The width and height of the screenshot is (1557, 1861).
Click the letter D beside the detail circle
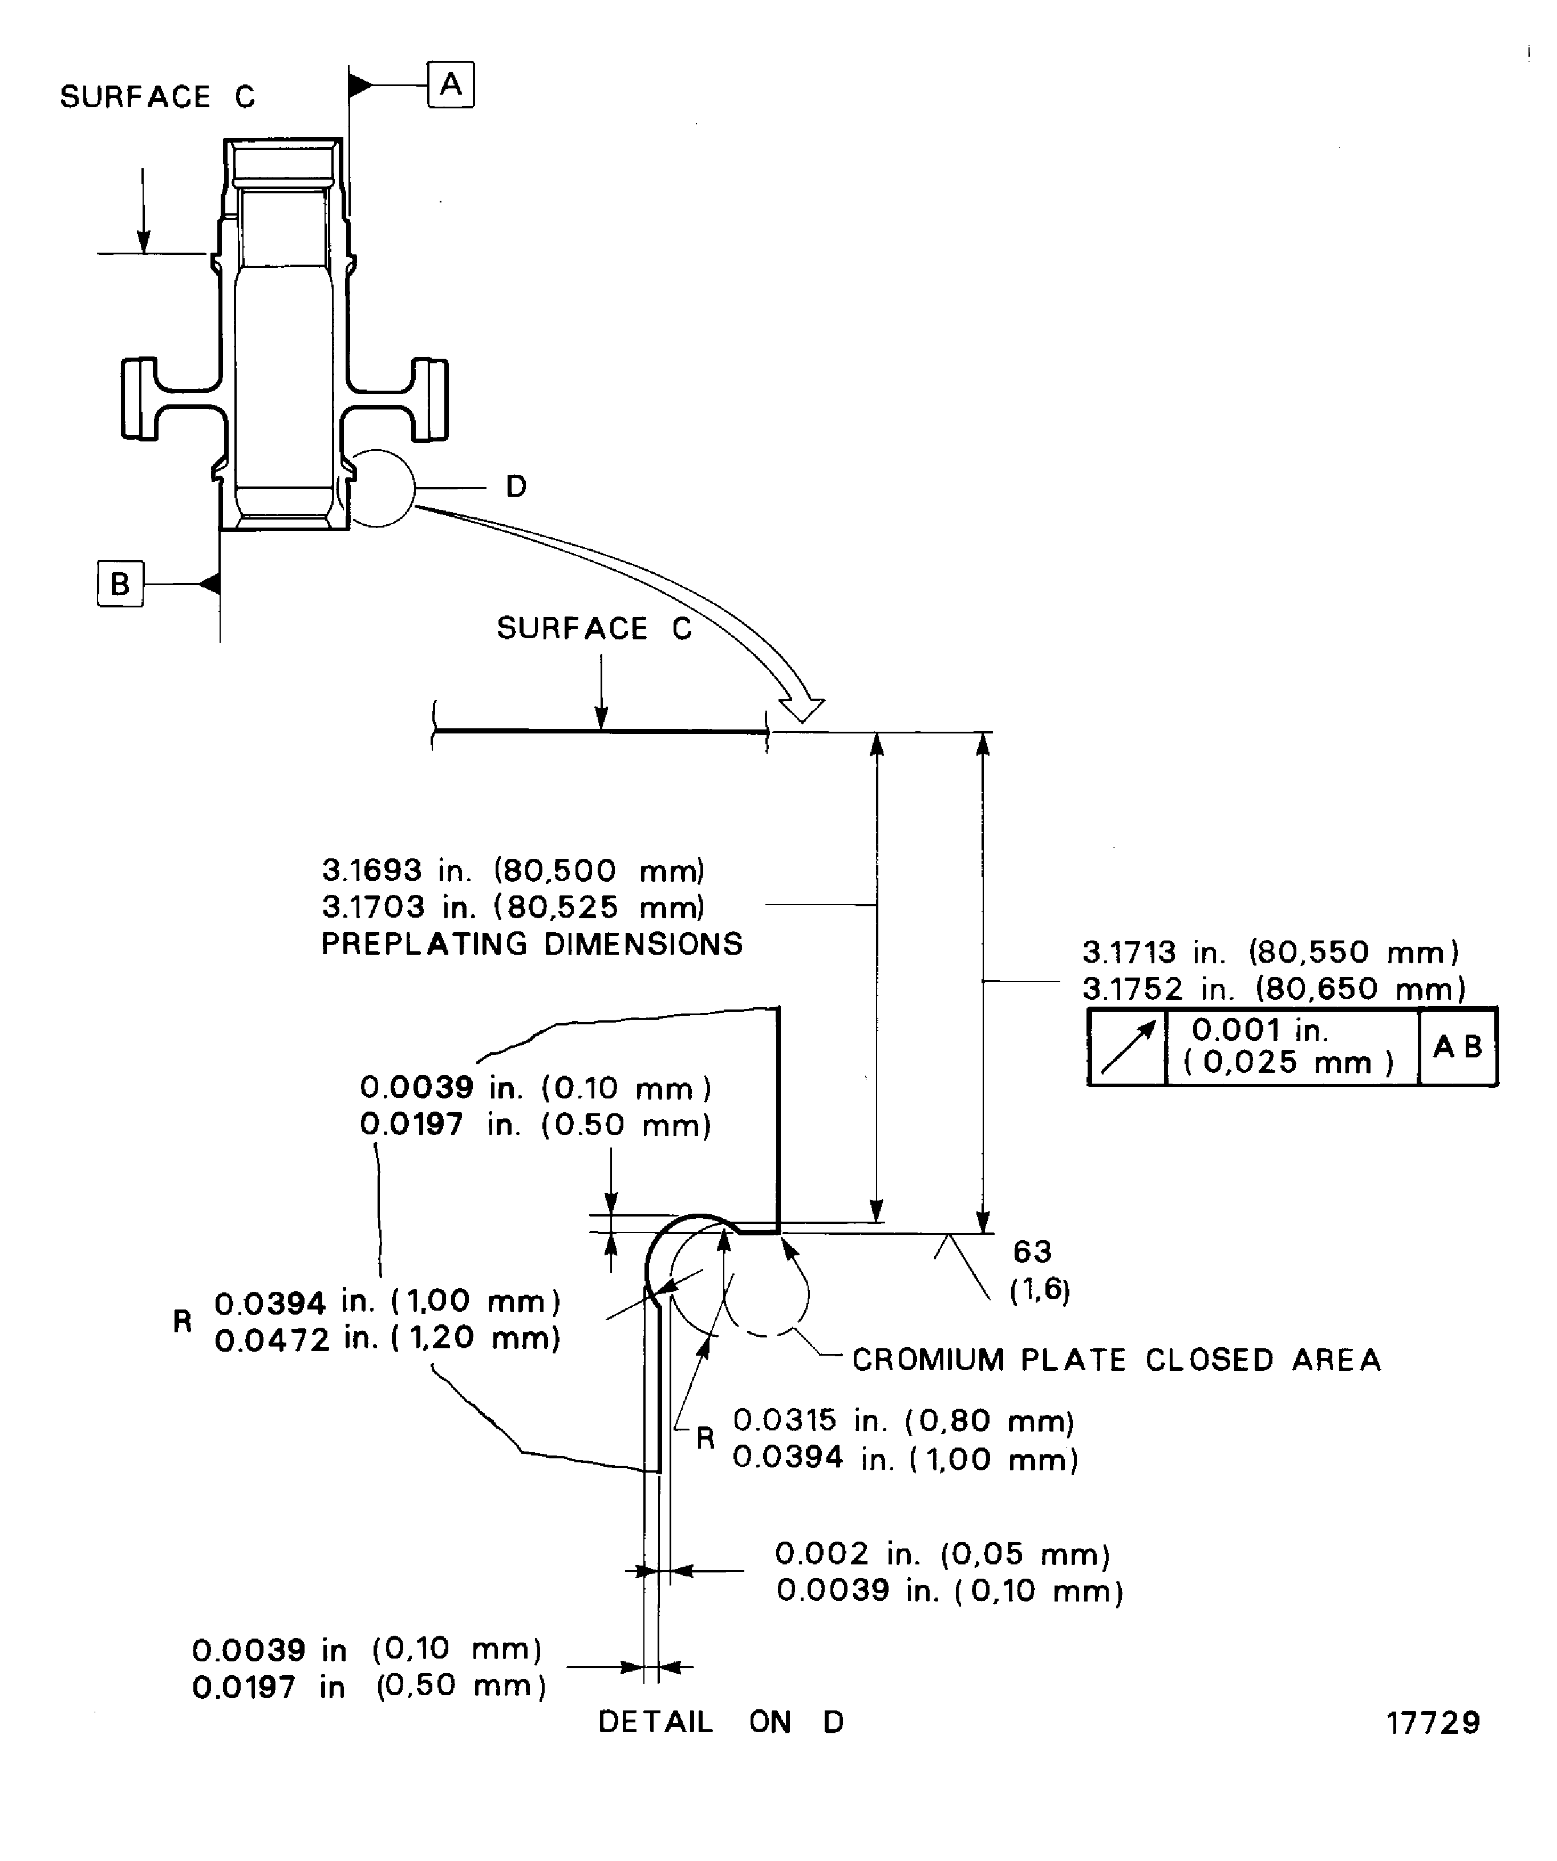516,486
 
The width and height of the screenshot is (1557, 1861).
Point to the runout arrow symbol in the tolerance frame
1127,1047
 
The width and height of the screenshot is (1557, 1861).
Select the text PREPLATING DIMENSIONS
532,944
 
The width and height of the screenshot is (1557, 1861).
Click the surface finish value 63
1032,1251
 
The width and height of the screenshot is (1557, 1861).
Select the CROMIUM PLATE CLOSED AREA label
1116,1360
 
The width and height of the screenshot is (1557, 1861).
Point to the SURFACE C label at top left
157,96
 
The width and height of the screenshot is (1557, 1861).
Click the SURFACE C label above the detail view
594,629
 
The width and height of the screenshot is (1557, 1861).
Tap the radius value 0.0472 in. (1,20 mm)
387,1338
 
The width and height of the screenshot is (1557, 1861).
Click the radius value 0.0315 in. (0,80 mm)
903,1421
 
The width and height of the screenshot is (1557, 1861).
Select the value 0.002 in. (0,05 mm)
942,1554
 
